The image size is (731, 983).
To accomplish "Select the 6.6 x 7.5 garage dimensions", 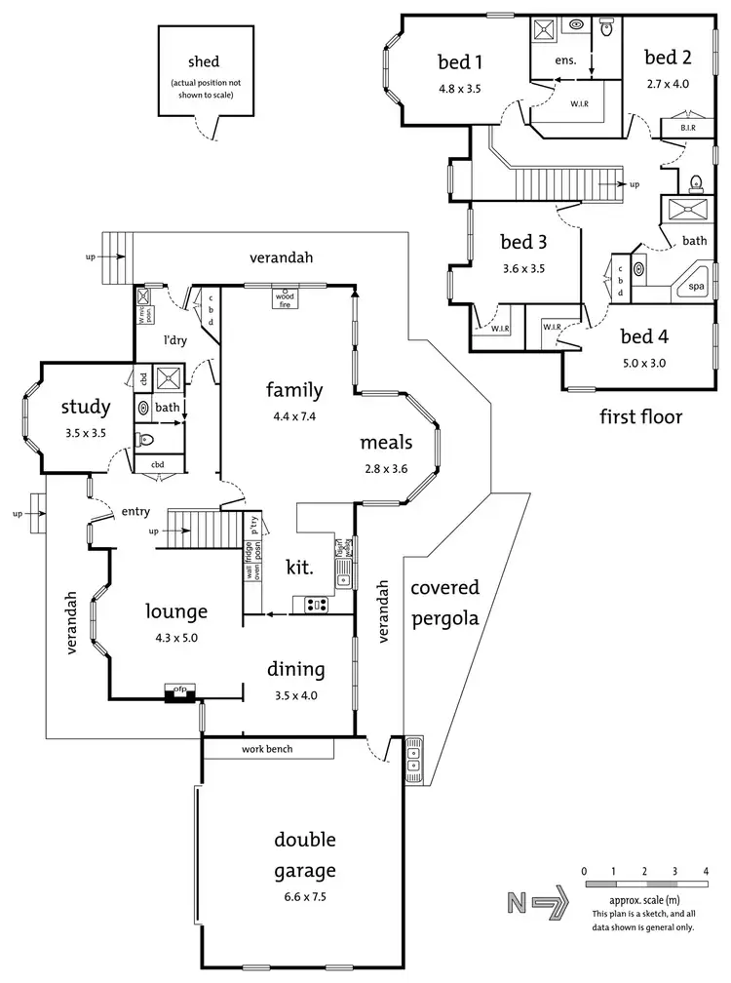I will pos(304,894).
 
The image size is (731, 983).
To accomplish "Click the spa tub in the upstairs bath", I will pos(697,287).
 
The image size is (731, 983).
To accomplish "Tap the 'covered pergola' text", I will pos(444,603).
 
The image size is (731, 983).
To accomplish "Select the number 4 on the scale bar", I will pos(705,870).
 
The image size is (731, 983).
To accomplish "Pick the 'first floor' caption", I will pos(642,417).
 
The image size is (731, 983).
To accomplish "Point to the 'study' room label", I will pos(85,406).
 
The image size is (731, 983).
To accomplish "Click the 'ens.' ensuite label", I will pos(566,60).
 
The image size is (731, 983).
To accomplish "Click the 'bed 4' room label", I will pos(644,337).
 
